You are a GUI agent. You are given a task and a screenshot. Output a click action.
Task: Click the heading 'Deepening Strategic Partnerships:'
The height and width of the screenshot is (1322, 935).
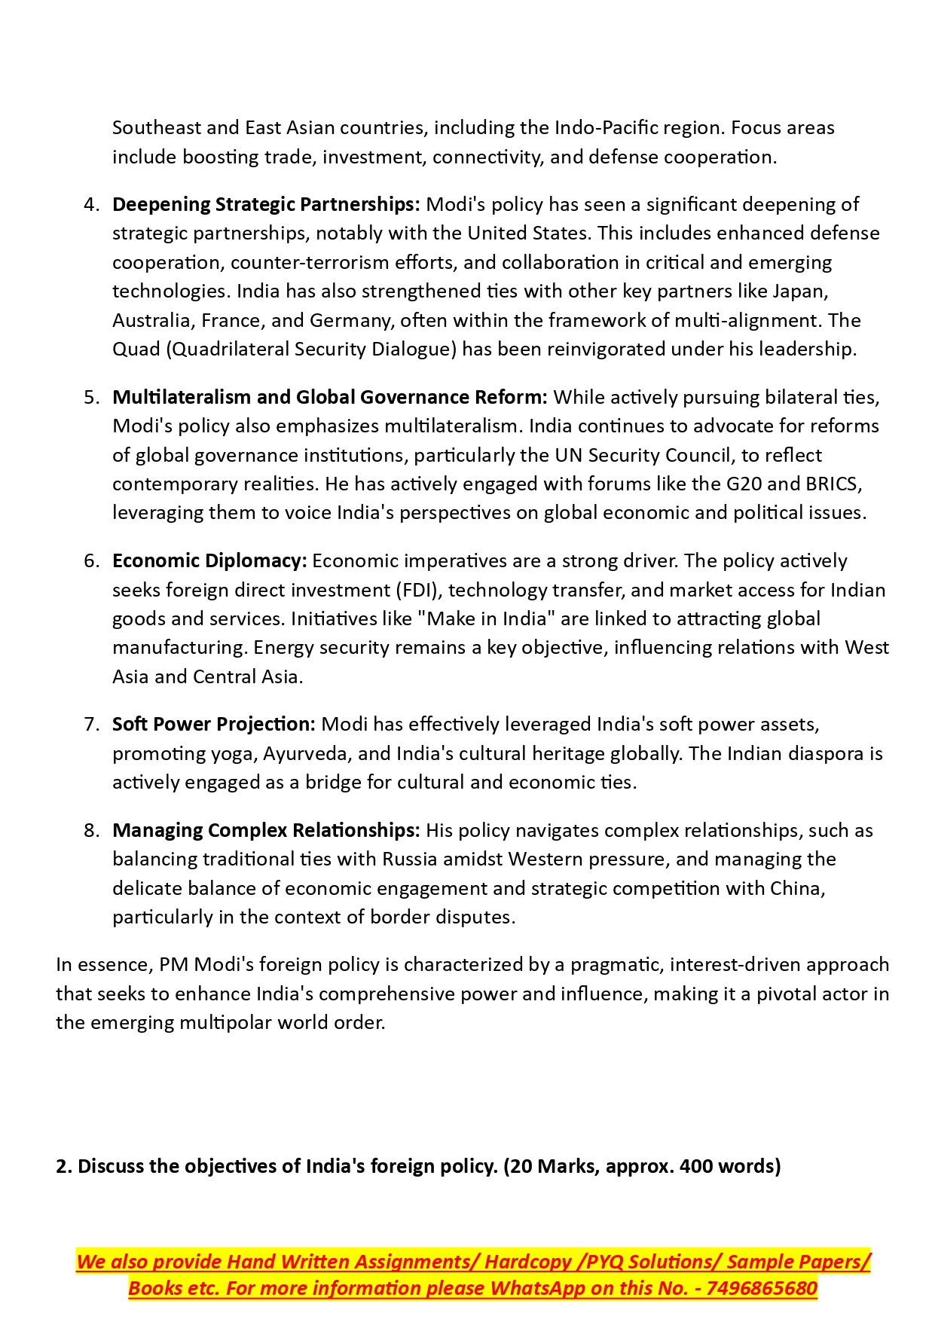click(266, 204)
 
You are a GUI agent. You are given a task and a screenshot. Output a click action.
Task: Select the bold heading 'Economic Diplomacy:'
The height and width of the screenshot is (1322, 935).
click(209, 560)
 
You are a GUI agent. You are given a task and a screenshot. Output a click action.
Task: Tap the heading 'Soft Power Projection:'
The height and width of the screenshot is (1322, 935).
click(214, 724)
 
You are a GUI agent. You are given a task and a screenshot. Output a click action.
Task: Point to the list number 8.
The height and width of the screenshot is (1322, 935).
click(91, 830)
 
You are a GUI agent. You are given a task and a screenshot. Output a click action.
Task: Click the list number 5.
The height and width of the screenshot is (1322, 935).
click(91, 397)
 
